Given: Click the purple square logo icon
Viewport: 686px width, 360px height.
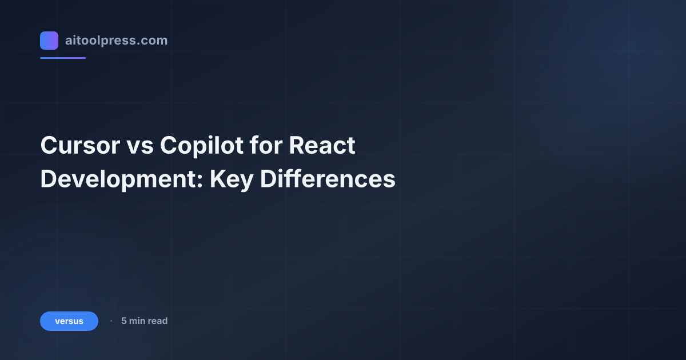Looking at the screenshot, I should tap(49, 41).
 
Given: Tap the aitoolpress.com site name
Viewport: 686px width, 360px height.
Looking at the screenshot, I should tap(116, 41).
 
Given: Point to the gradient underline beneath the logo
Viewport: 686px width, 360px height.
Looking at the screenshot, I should tap(63, 58).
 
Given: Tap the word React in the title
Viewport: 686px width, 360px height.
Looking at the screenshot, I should tap(322, 146).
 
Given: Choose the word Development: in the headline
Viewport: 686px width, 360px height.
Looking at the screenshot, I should tap(121, 179).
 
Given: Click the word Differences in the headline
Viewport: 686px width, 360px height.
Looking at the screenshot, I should tap(328, 179).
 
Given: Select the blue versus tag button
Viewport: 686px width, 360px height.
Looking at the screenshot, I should tap(69, 321).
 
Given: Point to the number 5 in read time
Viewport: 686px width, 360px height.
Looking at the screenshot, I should tap(123, 321).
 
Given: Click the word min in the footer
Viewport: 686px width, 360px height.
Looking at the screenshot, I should tap(137, 321).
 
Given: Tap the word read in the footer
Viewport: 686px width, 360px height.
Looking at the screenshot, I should tap(157, 321).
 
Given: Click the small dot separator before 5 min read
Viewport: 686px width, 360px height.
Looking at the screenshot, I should tap(111, 321).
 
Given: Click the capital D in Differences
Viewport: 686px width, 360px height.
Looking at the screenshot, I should tap(268, 179).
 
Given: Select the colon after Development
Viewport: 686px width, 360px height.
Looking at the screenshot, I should tap(201, 182).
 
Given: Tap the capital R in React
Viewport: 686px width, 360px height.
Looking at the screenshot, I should tap(296, 146).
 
